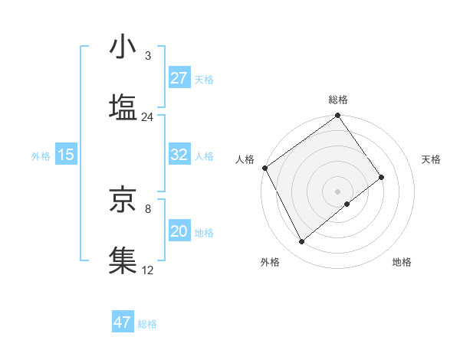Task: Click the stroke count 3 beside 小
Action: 147,57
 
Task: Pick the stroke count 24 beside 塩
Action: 147,117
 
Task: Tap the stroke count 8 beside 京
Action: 147,208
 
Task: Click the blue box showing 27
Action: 179,78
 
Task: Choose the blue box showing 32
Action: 179,155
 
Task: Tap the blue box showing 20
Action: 179,231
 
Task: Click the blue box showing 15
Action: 65,155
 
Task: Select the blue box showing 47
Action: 122,322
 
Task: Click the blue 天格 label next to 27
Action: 204,79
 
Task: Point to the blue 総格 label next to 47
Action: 147,323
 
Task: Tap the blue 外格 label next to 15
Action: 41,155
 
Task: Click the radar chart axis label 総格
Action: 338,100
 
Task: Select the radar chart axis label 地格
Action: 402,262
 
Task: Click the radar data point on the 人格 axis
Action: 264,168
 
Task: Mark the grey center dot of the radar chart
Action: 338,191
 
